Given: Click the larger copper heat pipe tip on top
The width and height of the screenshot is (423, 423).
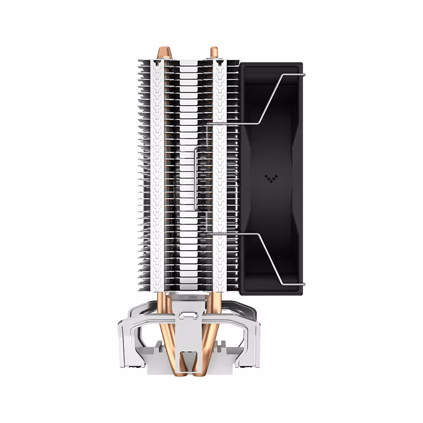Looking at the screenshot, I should (164, 53).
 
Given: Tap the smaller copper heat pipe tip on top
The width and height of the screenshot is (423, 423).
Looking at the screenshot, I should (214, 52).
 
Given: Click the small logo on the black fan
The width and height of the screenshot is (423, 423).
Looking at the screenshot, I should (271, 178).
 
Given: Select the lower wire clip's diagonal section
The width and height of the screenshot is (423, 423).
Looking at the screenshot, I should (269, 259).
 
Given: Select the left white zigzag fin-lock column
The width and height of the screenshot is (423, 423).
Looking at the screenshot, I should (157, 174).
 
